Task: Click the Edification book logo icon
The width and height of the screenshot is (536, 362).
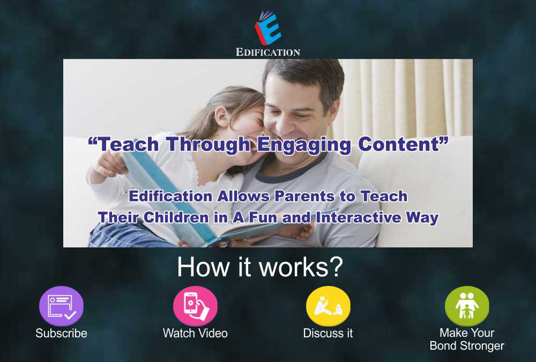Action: [268, 28]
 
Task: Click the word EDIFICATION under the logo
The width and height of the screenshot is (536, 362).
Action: [268, 52]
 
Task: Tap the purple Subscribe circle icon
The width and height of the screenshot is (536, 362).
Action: [61, 306]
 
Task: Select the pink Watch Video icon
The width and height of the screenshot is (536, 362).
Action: [195, 306]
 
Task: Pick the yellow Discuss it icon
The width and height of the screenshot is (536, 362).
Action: [328, 306]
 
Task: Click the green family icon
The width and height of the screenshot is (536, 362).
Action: [467, 306]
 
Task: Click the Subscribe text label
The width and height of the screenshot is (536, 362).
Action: [61, 333]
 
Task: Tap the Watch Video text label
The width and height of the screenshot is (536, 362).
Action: [195, 333]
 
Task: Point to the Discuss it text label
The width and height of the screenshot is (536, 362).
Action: [328, 333]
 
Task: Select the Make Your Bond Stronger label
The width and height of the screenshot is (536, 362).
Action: [467, 339]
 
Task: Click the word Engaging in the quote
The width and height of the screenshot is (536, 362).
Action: [304, 145]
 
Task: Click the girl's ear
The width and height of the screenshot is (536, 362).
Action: [222, 116]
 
